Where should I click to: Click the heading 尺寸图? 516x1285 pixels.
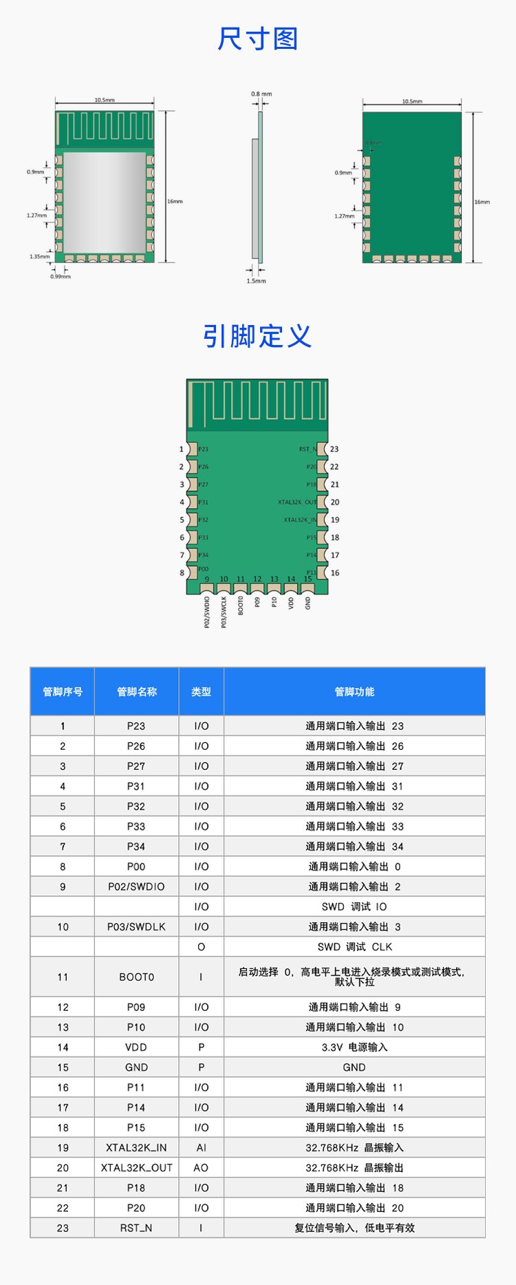click(x=257, y=39)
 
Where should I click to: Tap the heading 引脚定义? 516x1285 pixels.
click(x=257, y=336)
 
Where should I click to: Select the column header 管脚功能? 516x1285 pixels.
click(x=354, y=691)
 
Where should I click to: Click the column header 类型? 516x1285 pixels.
click(x=201, y=691)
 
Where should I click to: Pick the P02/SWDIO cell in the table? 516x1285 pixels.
click(x=136, y=886)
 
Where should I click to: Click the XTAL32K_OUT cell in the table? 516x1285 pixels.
click(x=136, y=1168)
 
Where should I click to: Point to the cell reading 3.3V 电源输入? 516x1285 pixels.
click(x=354, y=1047)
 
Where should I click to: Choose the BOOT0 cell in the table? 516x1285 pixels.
click(x=136, y=977)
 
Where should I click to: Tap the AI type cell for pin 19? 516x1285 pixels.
click(x=201, y=1148)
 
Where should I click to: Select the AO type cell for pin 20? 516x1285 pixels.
click(x=201, y=1168)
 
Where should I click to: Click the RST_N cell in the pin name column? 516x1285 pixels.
click(x=136, y=1228)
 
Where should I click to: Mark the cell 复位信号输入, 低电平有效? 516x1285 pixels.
click(x=354, y=1228)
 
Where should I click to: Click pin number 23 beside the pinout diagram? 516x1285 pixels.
click(x=334, y=449)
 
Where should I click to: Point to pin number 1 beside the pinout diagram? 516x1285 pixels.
click(x=182, y=449)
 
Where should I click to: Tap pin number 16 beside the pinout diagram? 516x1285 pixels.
click(x=335, y=573)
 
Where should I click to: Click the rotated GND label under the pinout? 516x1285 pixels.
click(x=308, y=603)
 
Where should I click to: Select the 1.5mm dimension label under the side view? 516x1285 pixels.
click(x=256, y=281)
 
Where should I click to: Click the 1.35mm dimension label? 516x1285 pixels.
click(x=39, y=256)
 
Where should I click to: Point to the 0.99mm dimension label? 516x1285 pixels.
click(x=60, y=276)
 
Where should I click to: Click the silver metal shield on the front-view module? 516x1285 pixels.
click(x=104, y=202)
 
